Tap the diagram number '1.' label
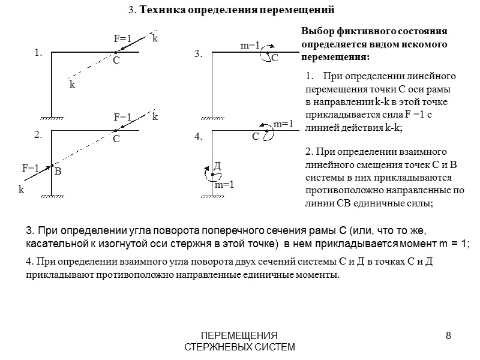point(38,53)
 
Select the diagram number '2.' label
point(38,136)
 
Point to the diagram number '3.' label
point(199,54)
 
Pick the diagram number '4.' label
point(199,137)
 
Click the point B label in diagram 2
point(58,172)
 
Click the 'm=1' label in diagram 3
point(250,46)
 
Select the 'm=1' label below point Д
point(224,185)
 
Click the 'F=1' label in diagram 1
point(122,38)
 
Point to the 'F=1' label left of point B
point(31,168)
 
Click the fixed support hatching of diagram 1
point(52,118)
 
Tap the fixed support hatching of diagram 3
point(211,118)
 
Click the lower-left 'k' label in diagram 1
point(72,85)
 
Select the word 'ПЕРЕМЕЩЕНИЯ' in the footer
point(239,335)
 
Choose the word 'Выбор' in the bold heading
point(316,31)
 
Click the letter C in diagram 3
point(275,58)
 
